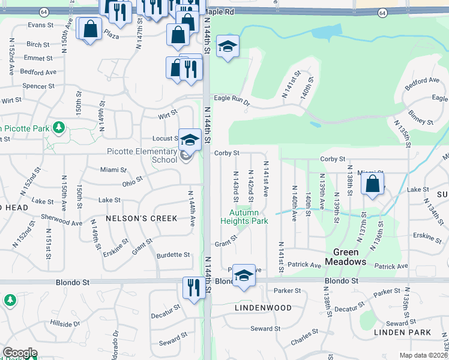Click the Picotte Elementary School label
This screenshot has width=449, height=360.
142,155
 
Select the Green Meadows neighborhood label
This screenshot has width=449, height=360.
346,257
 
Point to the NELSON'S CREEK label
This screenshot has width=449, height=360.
142,218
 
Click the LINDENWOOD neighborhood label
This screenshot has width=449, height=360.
263,308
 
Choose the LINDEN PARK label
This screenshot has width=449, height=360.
402,332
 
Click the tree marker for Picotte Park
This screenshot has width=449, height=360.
58,127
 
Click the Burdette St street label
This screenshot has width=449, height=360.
173,255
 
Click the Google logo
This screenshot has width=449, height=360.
19,353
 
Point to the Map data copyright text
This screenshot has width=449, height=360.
424,355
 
